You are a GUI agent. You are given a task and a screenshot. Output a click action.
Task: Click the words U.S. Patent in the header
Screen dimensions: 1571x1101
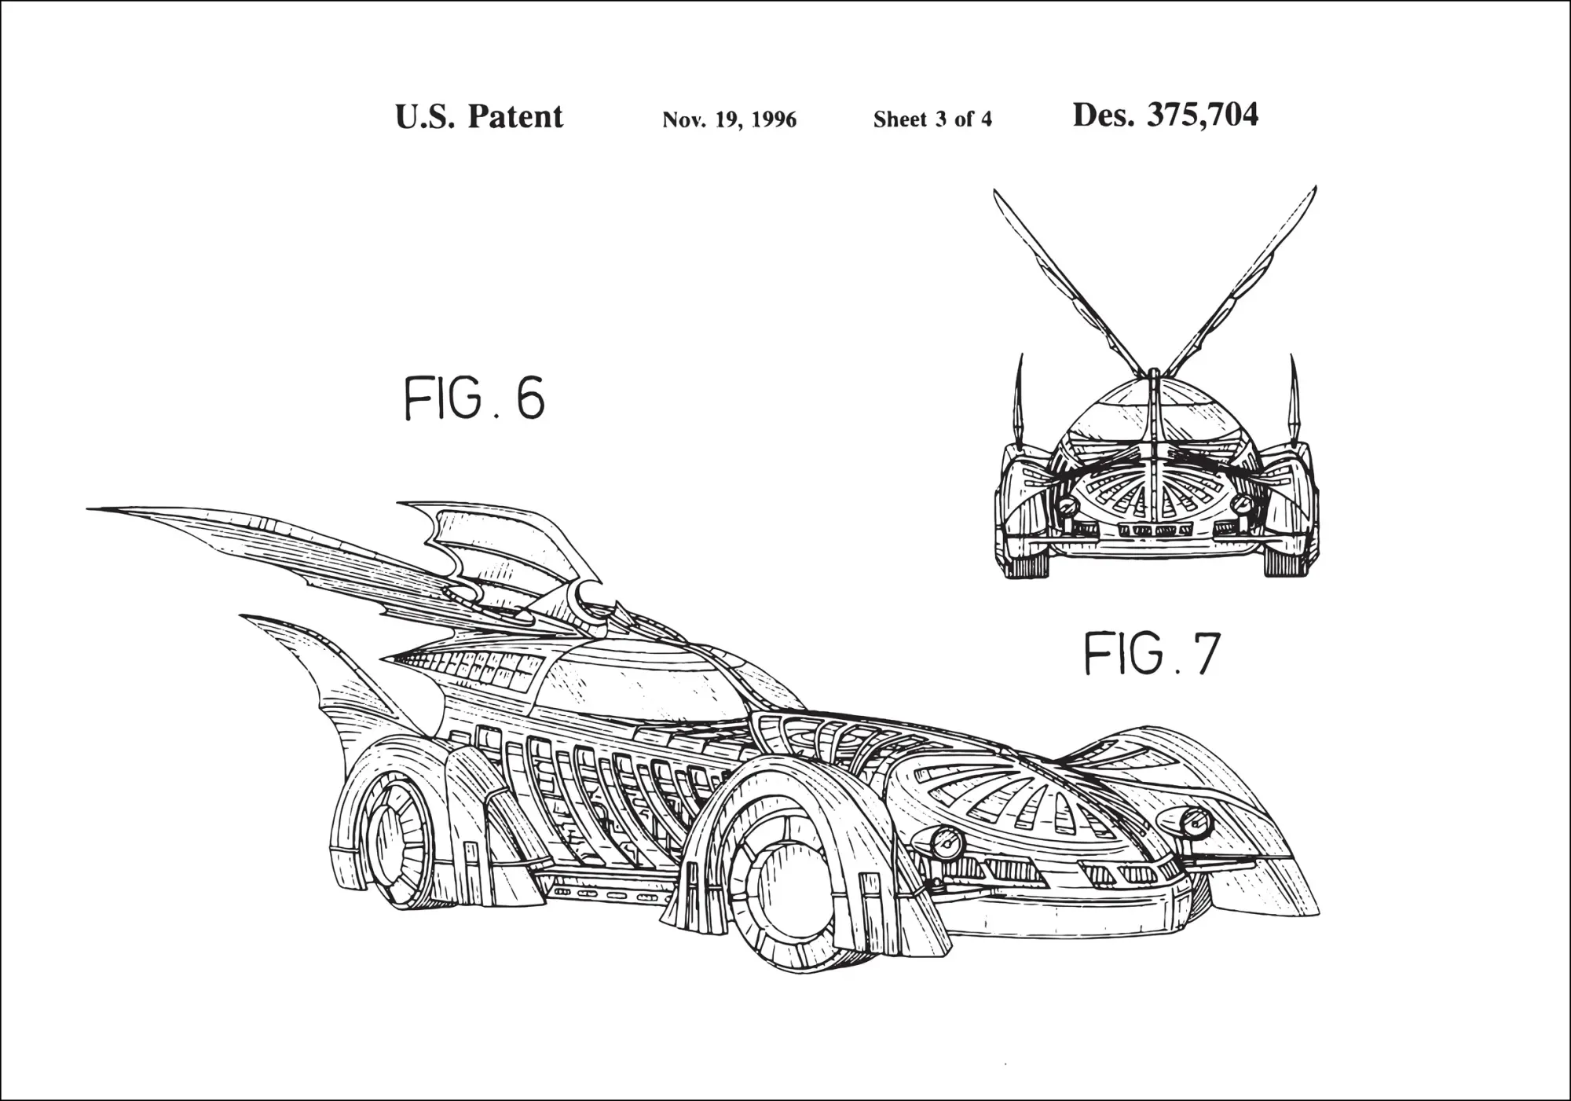[x=479, y=117]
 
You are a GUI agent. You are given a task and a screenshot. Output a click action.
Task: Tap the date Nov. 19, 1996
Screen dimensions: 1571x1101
[x=729, y=119]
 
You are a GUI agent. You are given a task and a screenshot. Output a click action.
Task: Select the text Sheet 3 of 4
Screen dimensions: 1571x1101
[x=932, y=119]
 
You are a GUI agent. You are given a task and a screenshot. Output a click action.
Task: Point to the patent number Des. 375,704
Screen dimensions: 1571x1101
[x=1166, y=115]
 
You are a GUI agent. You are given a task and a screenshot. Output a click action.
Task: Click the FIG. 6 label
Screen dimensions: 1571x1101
[x=474, y=398]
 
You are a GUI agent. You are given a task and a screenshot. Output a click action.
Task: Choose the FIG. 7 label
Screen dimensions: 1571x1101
[x=1152, y=654]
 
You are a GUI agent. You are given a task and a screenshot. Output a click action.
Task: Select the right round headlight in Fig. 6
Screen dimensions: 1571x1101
[x=1196, y=822]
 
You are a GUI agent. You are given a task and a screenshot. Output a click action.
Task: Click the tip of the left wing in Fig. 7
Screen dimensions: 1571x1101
[x=995, y=190]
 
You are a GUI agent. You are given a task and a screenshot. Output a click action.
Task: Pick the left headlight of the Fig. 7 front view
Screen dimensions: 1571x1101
[x=1067, y=505]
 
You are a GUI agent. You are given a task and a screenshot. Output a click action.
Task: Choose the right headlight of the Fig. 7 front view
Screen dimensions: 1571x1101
[x=1242, y=503]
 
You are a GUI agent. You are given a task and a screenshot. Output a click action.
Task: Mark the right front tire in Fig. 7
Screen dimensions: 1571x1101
[x=1285, y=560]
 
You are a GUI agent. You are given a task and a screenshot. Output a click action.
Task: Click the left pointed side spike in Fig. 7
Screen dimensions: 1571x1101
[x=1020, y=401]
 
